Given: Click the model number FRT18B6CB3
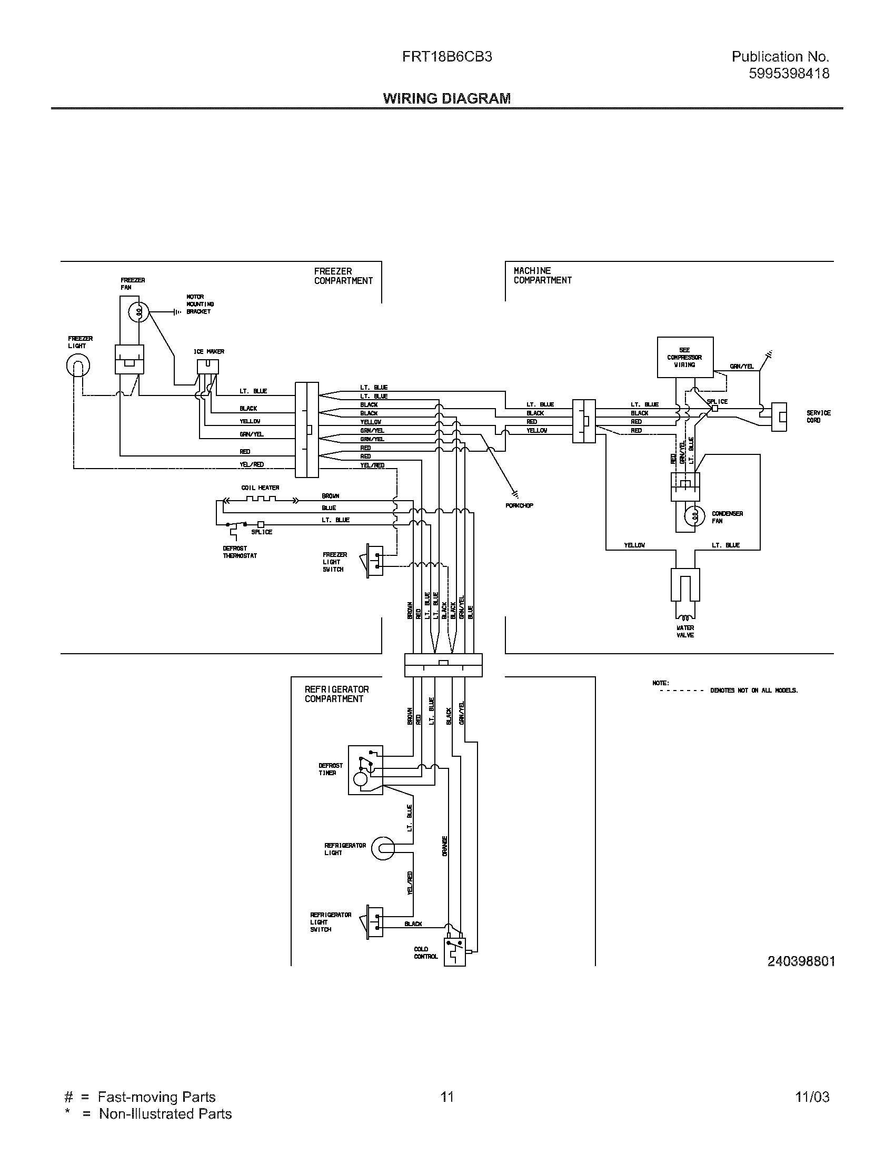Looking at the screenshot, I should point(446,57).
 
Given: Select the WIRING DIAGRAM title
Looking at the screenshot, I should point(446,98).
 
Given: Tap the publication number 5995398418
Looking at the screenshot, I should point(789,73).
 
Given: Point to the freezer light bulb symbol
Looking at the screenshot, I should point(78,365).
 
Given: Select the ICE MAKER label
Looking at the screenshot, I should point(208,351).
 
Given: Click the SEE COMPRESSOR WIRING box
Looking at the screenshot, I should point(684,357).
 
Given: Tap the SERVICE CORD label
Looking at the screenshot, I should point(818,417).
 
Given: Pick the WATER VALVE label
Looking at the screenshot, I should point(685,632).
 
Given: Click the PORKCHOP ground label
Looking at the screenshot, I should point(519,505).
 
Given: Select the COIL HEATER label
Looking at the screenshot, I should point(260,488).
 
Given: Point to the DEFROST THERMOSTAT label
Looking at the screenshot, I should point(240,552).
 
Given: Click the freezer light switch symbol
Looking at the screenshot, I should point(375,561).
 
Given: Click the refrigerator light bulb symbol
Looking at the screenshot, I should point(383,849).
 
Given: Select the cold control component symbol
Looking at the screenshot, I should point(454,951).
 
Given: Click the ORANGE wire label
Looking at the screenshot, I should point(444,846).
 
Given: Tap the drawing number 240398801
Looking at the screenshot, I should point(801,961).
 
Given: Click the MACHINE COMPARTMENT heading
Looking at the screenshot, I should point(542,276).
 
